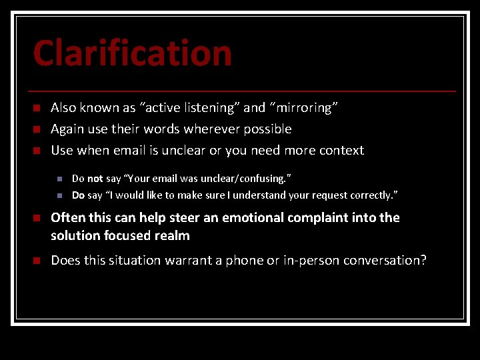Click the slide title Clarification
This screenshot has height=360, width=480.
tap(132, 53)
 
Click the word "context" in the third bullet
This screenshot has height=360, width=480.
tap(341, 150)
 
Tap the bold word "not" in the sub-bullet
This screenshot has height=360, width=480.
tap(95, 179)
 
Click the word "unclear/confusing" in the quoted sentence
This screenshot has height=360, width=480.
tap(247, 179)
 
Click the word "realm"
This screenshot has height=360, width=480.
tap(173, 235)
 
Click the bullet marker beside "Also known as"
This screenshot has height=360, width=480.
tap(37, 108)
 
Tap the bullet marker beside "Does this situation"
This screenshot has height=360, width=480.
tap(37, 261)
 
